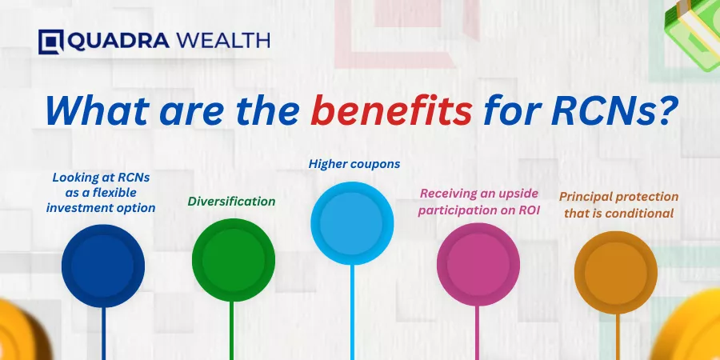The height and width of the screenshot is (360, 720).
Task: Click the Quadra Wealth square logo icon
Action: pyautogui.click(x=51, y=42)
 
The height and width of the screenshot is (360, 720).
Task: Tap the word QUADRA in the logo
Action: pyautogui.click(x=118, y=42)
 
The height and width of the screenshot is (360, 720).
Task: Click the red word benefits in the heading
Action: pyautogui.click(x=391, y=111)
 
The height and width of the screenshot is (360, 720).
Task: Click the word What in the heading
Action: pyautogui.click(x=98, y=111)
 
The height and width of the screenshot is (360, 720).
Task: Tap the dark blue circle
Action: pyautogui.click(x=103, y=266)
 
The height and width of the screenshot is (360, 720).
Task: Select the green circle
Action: pyautogui.click(x=234, y=260)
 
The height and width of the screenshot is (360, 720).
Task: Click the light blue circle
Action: pyautogui.click(x=352, y=223)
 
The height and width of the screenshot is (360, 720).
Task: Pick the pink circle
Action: pyautogui.click(x=478, y=265)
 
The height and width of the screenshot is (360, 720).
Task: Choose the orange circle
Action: pyautogui.click(x=616, y=273)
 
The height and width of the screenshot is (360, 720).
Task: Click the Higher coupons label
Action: pyautogui.click(x=354, y=164)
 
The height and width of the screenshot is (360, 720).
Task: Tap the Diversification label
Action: pyautogui.click(x=231, y=201)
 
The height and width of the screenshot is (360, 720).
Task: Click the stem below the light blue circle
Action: pyautogui.click(x=352, y=312)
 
